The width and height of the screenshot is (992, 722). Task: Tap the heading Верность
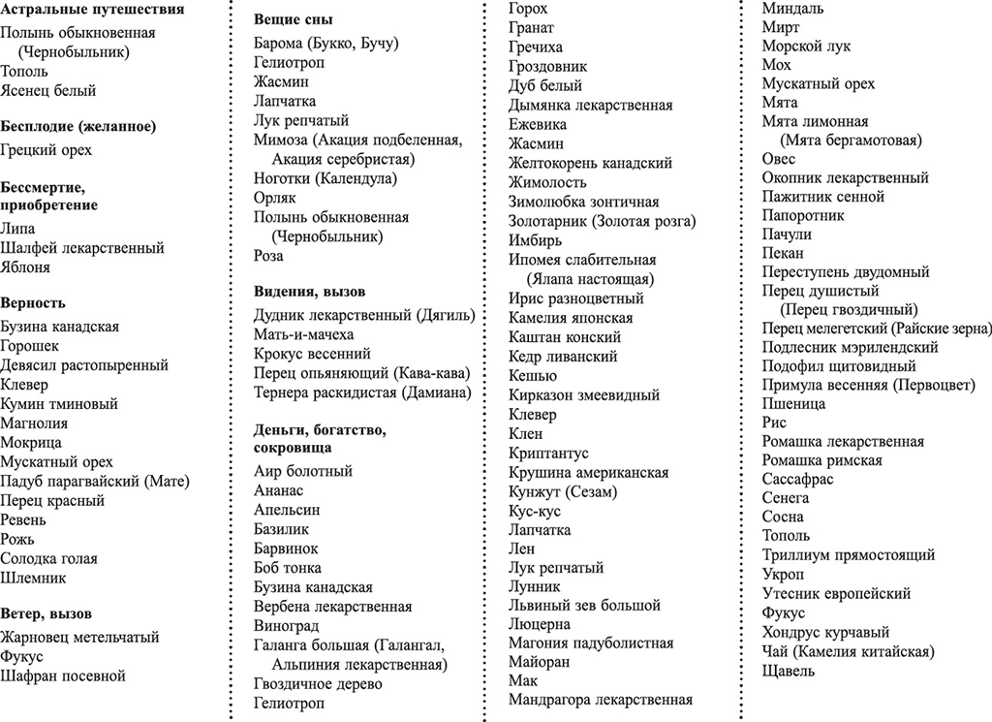click(x=33, y=302)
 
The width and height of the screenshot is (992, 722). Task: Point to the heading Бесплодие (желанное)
click(x=78, y=126)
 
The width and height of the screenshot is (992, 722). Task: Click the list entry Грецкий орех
click(x=46, y=150)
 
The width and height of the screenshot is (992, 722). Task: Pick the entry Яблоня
click(x=25, y=267)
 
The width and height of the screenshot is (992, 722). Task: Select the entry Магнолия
click(x=34, y=424)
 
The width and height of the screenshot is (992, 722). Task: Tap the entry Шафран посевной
click(x=63, y=675)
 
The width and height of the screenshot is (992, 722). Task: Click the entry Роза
click(x=268, y=256)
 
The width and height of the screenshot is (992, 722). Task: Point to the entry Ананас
click(x=278, y=490)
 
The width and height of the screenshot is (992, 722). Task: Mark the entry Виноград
click(x=286, y=626)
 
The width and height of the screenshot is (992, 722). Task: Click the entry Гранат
click(x=532, y=28)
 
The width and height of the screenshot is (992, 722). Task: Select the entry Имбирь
click(x=535, y=240)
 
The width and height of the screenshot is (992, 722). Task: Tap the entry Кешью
click(x=533, y=376)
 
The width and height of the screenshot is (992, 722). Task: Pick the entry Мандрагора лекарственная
click(x=601, y=699)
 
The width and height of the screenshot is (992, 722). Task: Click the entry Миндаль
click(x=793, y=9)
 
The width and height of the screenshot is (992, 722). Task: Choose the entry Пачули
click(x=787, y=235)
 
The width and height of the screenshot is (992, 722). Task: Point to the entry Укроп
click(x=783, y=574)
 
